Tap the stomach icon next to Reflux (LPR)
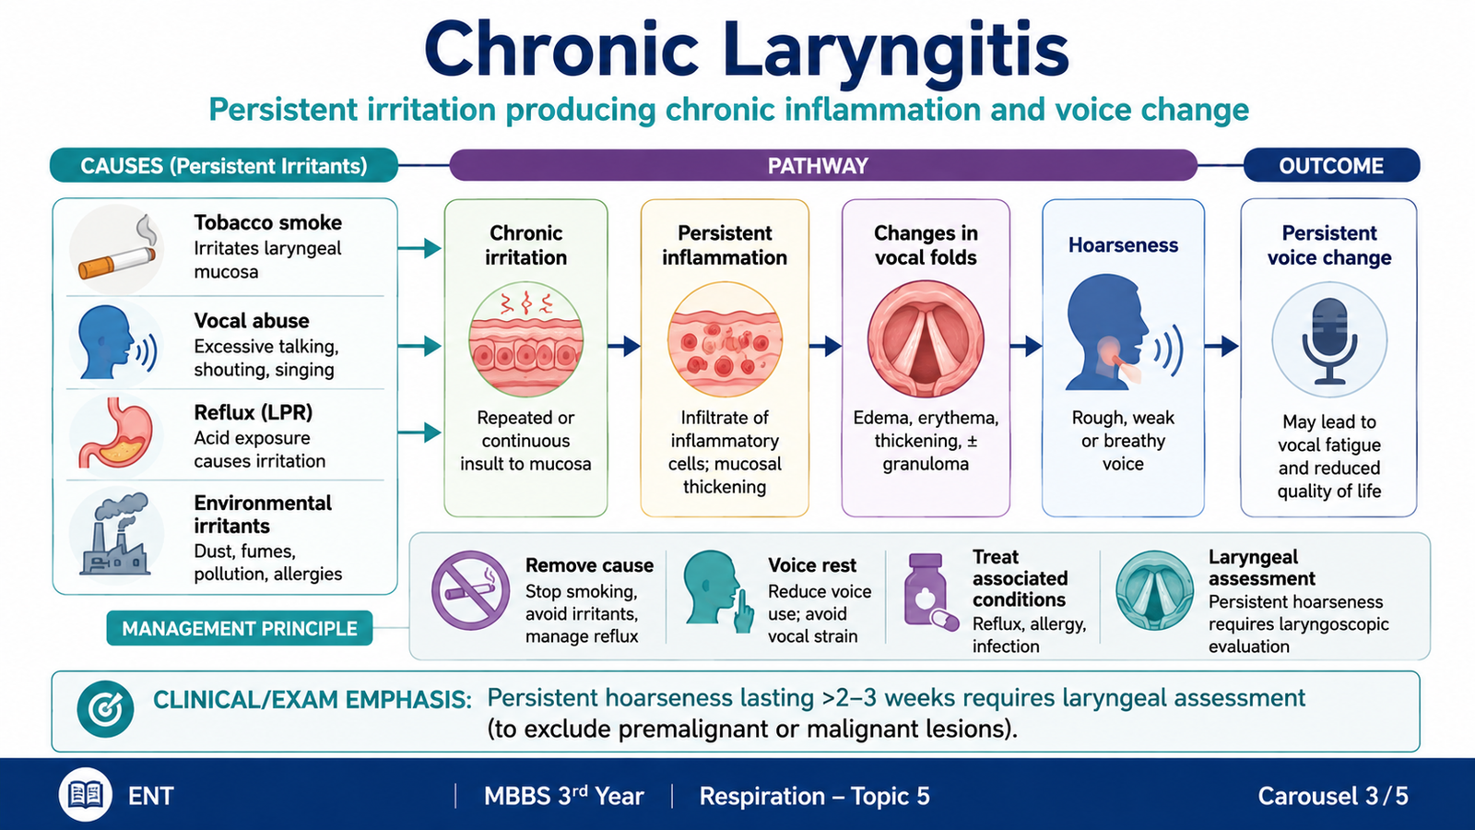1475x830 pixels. click(x=116, y=433)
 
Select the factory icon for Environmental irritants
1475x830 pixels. click(x=114, y=534)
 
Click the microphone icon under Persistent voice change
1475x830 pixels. click(x=1329, y=340)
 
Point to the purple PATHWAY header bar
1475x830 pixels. click(x=823, y=165)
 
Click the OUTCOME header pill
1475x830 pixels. click(x=1331, y=165)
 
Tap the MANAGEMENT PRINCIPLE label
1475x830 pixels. click(x=240, y=628)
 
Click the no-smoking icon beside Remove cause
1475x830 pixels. click(x=470, y=590)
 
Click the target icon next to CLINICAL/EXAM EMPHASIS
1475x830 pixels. click(x=105, y=709)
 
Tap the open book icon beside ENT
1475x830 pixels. click(x=86, y=795)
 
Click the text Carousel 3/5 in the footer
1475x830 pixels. click(x=1333, y=796)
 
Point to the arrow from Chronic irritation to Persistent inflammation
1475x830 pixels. click(x=623, y=345)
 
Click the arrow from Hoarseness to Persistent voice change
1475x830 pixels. click(x=1222, y=345)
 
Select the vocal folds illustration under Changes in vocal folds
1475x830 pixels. click(x=926, y=339)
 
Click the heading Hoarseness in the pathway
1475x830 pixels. click(x=1123, y=245)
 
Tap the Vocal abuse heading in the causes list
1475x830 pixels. click(x=252, y=321)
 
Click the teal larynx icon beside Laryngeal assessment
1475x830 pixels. click(x=1154, y=590)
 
